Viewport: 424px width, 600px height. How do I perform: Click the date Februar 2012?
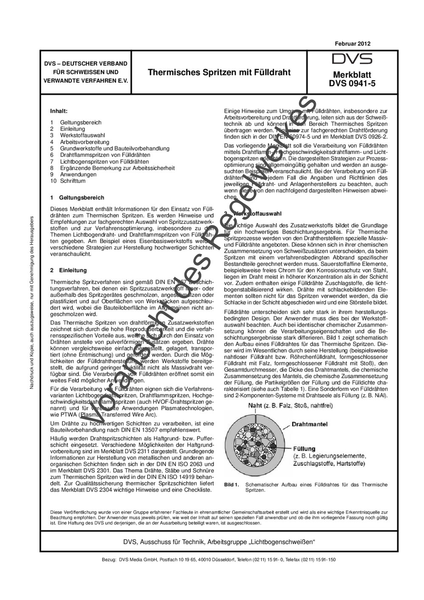pos(352,44)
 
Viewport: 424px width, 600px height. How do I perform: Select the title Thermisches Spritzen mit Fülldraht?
pos(219,73)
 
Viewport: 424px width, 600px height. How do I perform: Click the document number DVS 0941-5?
pos(352,84)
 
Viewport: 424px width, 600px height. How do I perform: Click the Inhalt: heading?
pos(59,111)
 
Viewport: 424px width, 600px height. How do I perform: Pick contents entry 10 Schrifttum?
pos(68,181)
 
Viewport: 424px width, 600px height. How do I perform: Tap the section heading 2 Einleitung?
pos(68,270)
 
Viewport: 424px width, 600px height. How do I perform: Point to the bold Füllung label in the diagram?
pos(304,449)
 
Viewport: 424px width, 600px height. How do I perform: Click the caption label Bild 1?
pos(232,484)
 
